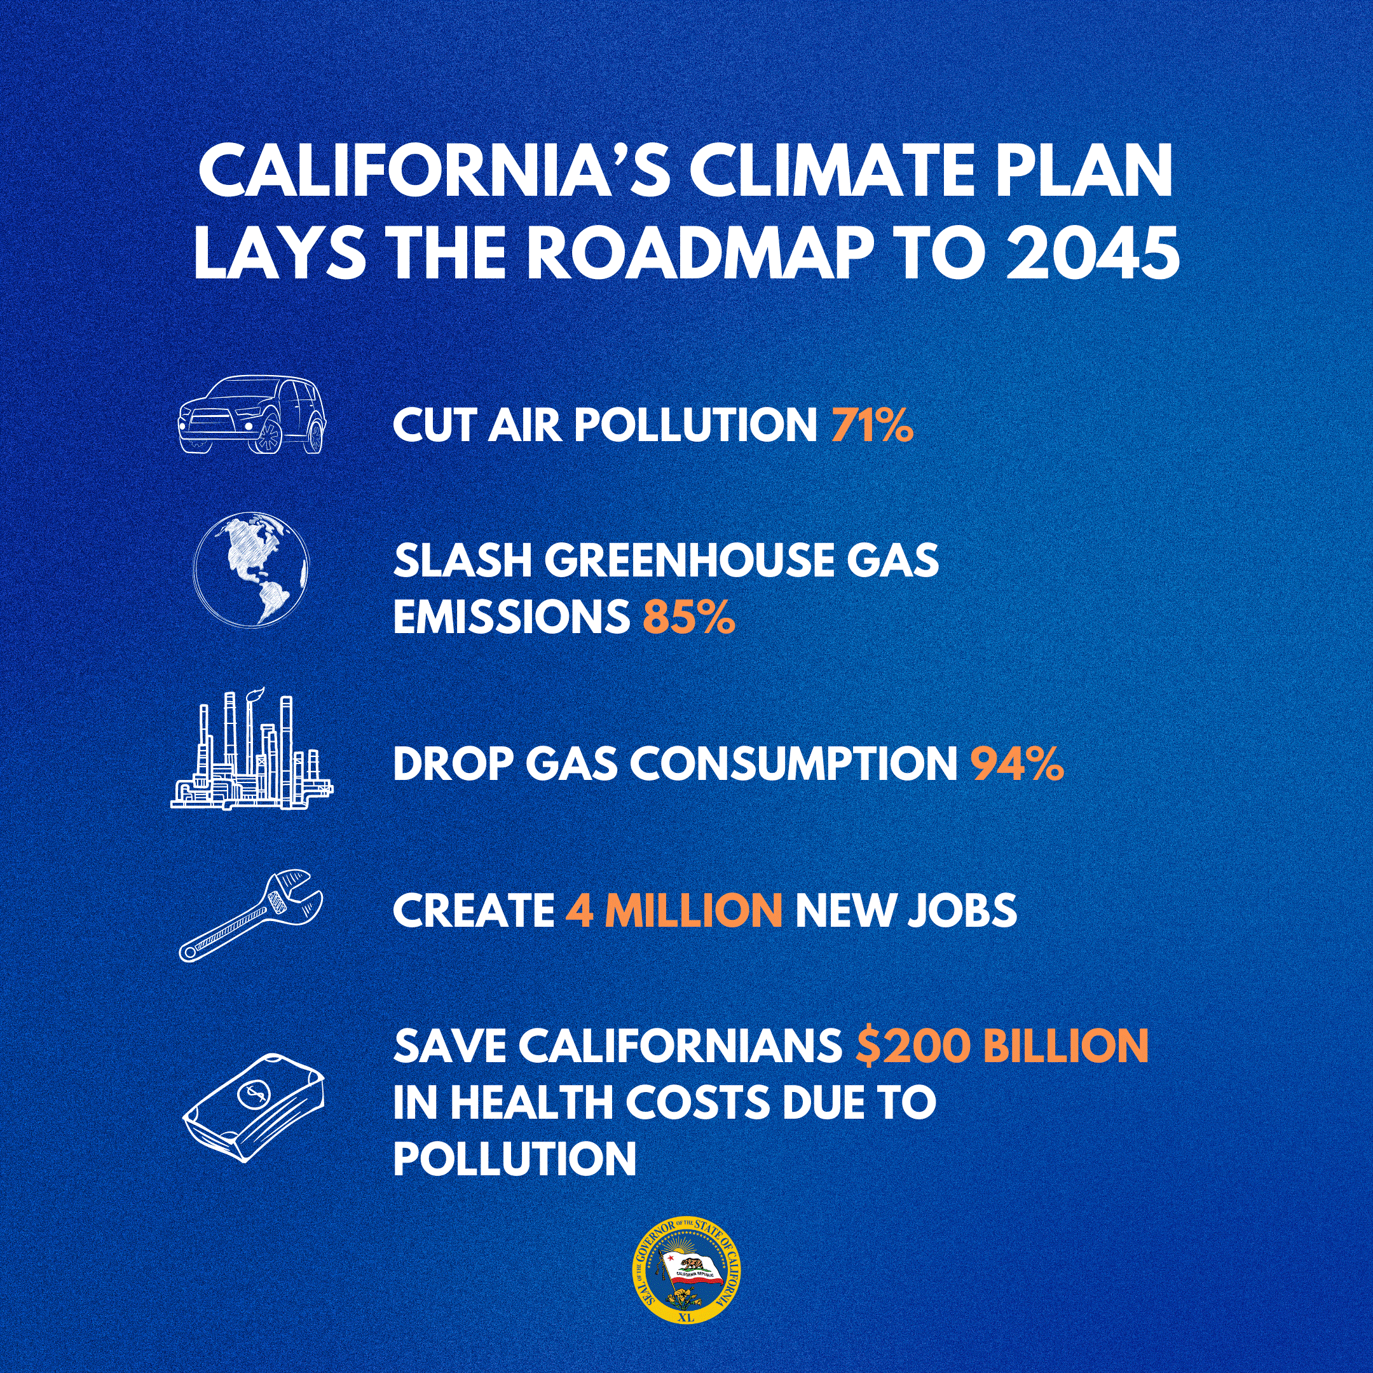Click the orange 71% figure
coord(872,425)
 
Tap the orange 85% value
coord(688,617)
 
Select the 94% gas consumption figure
coord(1017,764)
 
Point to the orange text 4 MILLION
coord(674,910)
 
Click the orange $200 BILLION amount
coord(1002,1046)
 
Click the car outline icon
coord(252,414)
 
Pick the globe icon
coord(251,570)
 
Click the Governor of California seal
coord(686,1273)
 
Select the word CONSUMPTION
coord(794,764)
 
